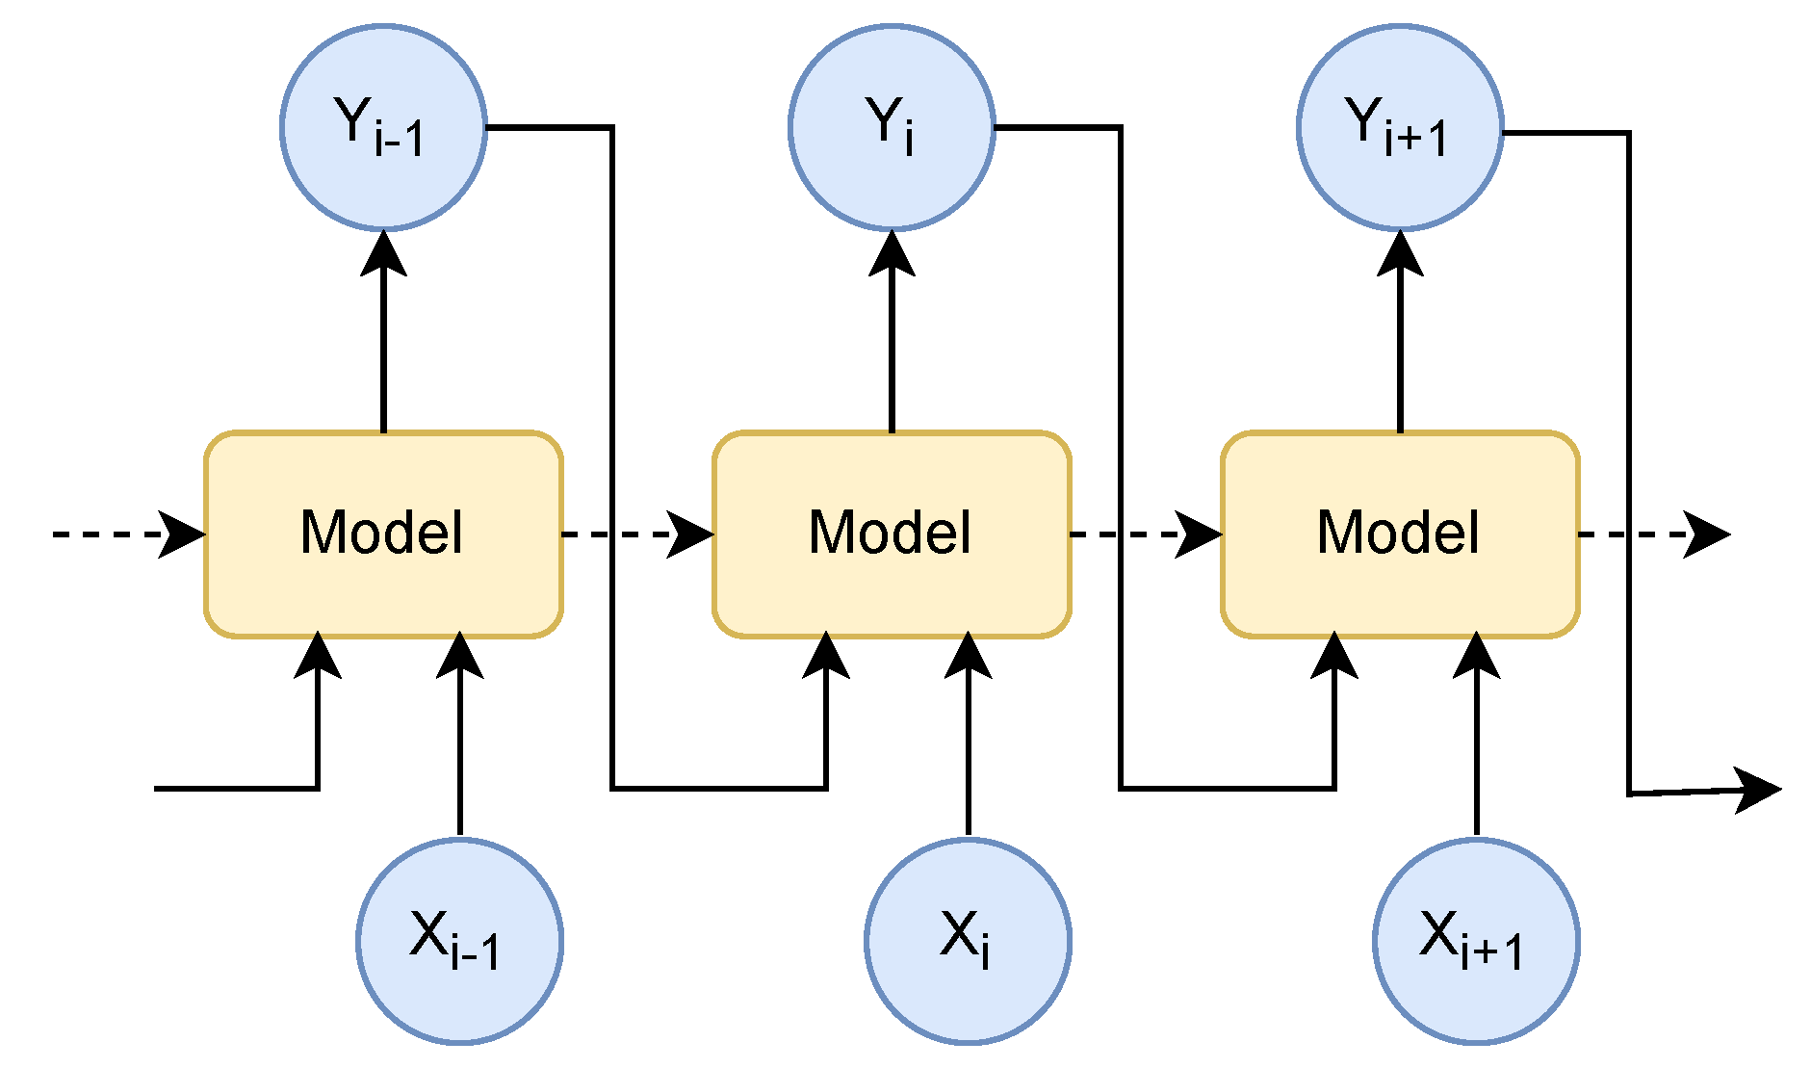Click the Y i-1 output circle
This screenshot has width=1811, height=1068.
(x=383, y=127)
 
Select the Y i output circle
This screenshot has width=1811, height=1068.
(x=892, y=127)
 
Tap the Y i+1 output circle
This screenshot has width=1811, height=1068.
(x=1400, y=127)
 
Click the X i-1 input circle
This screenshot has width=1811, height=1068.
(x=459, y=941)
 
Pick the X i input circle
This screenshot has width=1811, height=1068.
(x=968, y=941)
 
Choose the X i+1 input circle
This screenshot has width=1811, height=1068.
(x=1476, y=941)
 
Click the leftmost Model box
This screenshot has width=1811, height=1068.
(x=383, y=534)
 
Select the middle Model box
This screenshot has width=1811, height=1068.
(x=892, y=534)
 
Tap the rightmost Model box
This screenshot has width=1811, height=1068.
(x=1400, y=534)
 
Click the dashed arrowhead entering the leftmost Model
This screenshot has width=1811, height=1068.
(x=183, y=534)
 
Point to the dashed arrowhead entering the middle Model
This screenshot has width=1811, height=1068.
(x=691, y=534)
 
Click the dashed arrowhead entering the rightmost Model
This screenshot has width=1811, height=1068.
(x=1200, y=534)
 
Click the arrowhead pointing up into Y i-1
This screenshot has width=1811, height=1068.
(x=383, y=254)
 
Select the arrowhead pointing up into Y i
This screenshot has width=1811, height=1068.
(x=892, y=254)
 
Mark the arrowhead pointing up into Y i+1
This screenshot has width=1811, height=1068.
(x=1400, y=254)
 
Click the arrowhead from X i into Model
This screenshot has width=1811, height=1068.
(x=968, y=657)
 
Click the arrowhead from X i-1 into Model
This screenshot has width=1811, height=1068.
(x=459, y=657)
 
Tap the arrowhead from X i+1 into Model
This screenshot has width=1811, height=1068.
(x=1476, y=657)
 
